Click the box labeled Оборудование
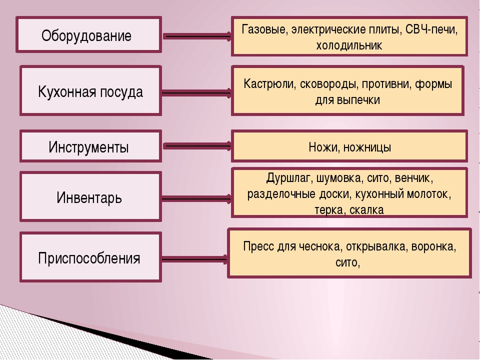pos(89,34)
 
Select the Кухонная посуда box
pos(90,90)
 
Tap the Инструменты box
pos(90,146)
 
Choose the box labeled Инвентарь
pos(90,196)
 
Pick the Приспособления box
pos(90,257)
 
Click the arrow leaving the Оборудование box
pos(197,36)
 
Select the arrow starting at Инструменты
pos(197,146)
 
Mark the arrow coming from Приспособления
pos(195,260)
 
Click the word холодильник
pos(349,45)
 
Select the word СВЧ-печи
pos(431,29)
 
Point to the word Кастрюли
pos(269,84)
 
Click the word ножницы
pos(367,147)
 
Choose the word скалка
pos(366,210)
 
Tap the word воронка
pos(433,246)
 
